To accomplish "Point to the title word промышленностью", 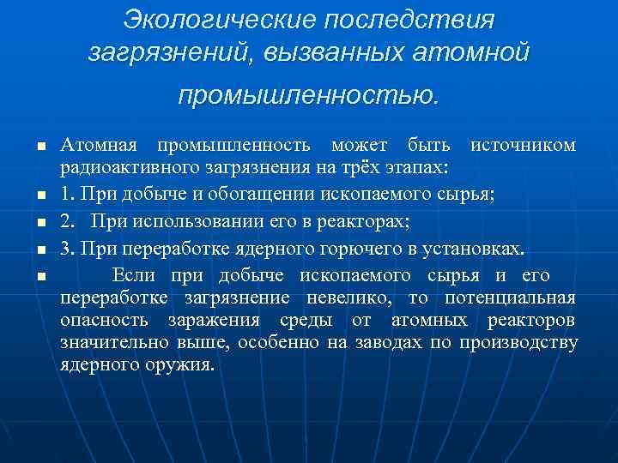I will point(308,93).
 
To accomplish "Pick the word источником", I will point(524,144).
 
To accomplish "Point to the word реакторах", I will point(367,222).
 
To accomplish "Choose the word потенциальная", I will point(510,298).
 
